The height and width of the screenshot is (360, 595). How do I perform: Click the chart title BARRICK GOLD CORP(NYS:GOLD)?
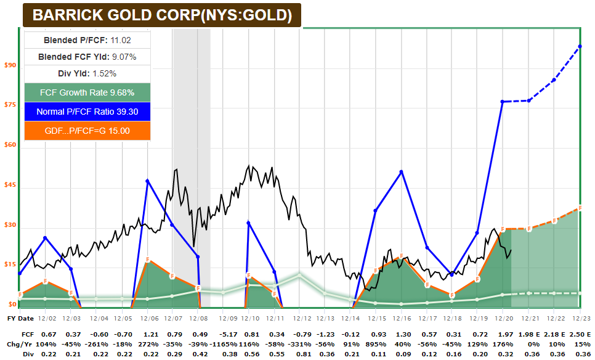(x=162, y=15)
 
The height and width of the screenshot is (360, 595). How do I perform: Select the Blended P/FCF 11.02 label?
(x=87, y=40)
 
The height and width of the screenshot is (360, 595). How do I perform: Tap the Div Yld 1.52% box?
(x=87, y=73)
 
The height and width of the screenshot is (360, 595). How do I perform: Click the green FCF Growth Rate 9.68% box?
(x=87, y=92)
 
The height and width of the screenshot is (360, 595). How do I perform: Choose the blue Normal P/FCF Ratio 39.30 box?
(x=87, y=112)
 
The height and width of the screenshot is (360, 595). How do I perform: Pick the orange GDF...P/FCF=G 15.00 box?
(x=87, y=131)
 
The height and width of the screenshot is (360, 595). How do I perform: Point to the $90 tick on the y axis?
(x=10, y=65)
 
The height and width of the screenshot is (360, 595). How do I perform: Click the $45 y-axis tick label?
(x=10, y=186)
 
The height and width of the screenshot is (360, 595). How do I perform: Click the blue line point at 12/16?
(x=402, y=171)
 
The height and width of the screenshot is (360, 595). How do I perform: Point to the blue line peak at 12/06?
(x=147, y=181)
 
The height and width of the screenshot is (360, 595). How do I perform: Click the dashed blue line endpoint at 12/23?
(x=580, y=46)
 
